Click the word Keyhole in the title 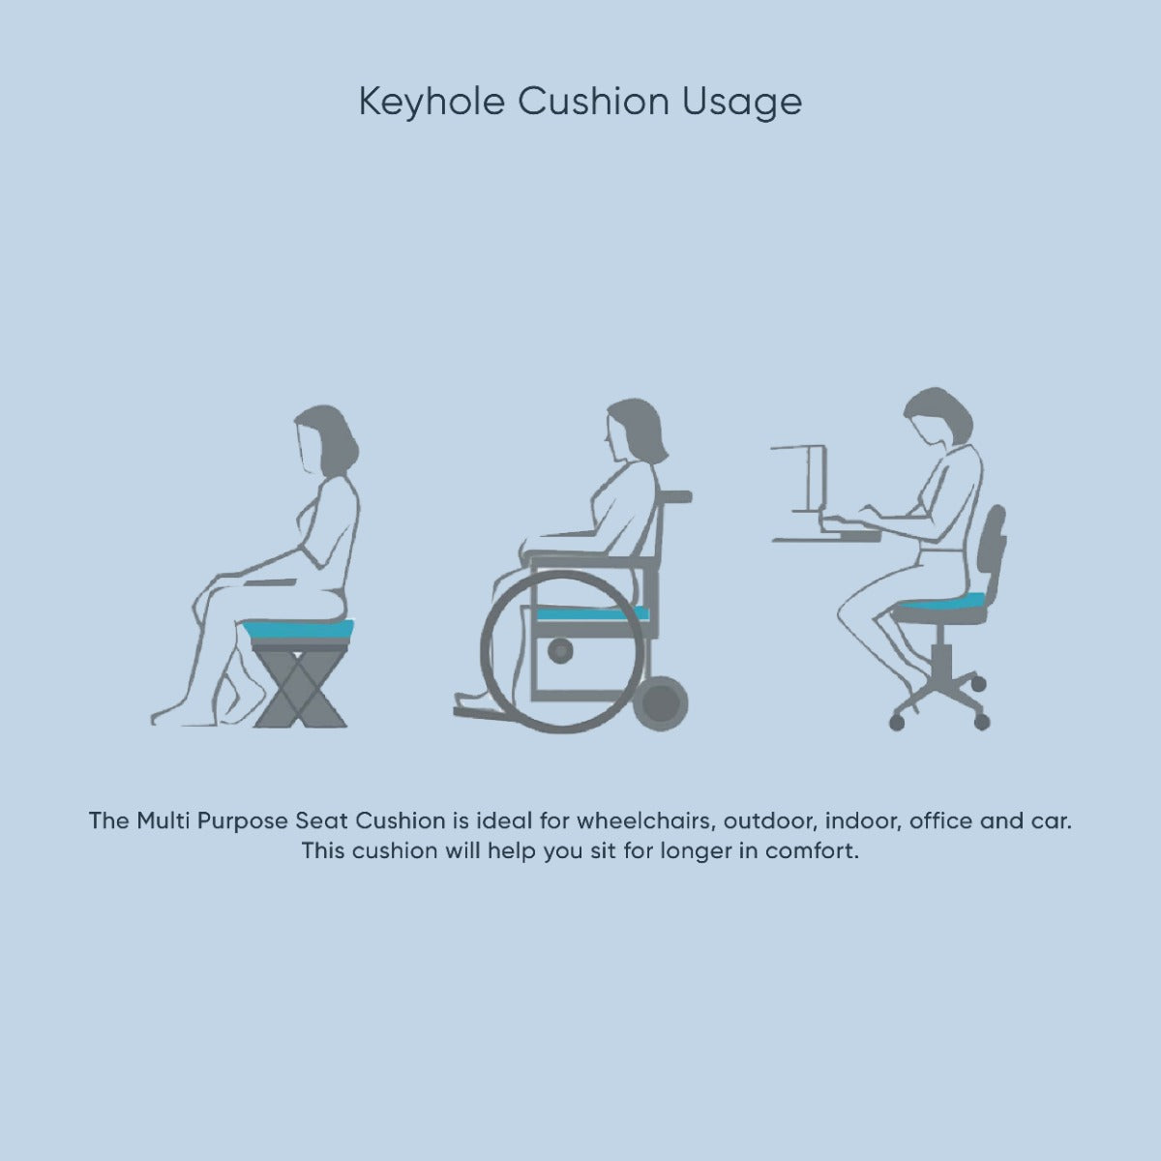(432, 102)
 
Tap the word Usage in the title (742, 103)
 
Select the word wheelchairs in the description (646, 820)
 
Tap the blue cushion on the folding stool (298, 630)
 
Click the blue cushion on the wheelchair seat (592, 614)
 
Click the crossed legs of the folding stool (300, 688)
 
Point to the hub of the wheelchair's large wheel (560, 650)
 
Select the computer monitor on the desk (801, 480)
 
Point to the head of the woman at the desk (938, 417)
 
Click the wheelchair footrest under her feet (488, 713)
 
